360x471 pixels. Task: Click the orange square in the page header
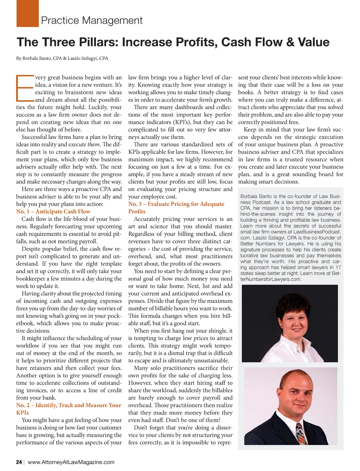[27, 14]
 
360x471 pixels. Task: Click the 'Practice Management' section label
[92, 20]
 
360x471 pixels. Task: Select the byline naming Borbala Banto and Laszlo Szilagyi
[62, 58]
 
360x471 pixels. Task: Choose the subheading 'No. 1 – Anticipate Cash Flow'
[53, 211]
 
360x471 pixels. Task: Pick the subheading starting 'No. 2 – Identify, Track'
[69, 405]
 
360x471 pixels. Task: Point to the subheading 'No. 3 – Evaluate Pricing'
[176, 204]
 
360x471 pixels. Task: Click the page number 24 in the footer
[19, 462]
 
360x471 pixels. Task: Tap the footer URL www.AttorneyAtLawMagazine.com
[71, 462]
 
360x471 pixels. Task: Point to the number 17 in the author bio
[338, 267]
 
